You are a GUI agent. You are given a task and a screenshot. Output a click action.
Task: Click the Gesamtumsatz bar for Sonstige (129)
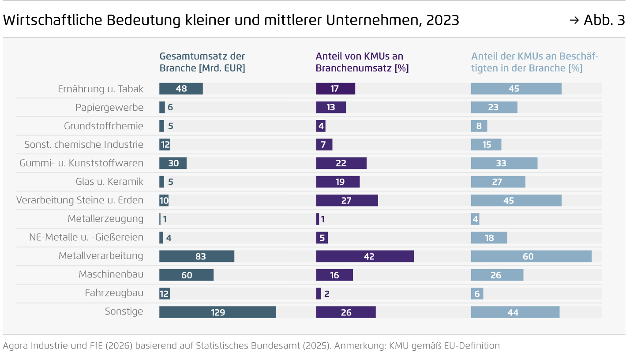pos(217,312)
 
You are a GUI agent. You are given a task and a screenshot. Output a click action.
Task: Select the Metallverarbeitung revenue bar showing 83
pos(197,256)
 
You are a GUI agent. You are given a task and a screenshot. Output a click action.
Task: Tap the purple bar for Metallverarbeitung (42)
pos(365,256)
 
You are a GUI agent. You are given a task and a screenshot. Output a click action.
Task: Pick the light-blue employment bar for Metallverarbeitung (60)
pos(531,256)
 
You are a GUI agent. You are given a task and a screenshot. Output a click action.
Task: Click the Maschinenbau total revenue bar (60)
pos(186,275)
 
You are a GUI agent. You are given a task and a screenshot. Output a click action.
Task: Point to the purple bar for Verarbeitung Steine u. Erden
pos(347,200)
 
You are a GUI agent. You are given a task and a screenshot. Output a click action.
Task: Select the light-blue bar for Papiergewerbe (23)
pos(494,107)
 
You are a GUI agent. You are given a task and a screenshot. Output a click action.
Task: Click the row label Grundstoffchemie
pos(104,126)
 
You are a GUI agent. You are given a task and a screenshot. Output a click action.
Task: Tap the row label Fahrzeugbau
pos(114,293)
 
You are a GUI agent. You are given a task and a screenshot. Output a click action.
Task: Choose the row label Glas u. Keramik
pos(109,182)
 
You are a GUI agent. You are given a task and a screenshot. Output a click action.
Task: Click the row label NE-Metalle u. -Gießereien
pos(86,237)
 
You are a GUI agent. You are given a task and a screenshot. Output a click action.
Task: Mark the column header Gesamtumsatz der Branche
pos(202,62)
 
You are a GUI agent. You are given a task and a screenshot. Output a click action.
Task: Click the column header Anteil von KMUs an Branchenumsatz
pos(362,62)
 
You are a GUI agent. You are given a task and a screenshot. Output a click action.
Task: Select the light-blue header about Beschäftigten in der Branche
pos(534,62)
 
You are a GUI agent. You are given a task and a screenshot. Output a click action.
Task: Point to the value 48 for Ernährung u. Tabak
pos(181,89)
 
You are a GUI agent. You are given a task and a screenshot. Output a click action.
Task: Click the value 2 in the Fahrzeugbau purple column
pos(327,294)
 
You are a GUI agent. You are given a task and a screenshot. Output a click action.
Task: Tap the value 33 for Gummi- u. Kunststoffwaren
pos(501,163)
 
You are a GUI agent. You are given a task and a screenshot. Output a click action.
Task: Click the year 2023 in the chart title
pos(442,20)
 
